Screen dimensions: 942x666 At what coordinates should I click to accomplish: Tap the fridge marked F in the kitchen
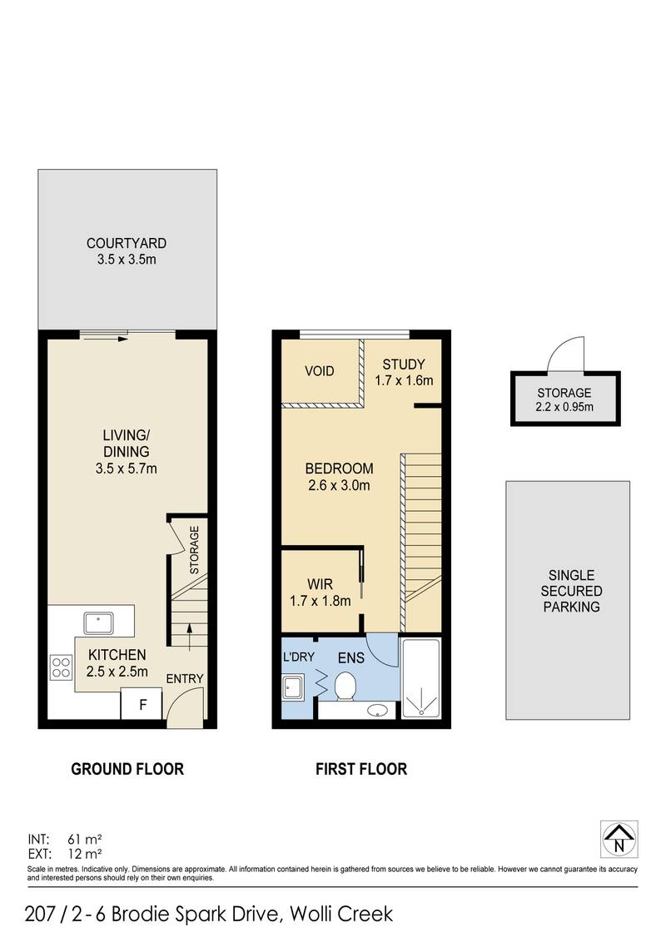[142, 705]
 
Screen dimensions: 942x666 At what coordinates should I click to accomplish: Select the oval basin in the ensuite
[379, 710]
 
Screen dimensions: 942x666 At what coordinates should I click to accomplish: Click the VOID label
[319, 371]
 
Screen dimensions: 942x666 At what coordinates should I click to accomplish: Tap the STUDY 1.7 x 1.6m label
[403, 372]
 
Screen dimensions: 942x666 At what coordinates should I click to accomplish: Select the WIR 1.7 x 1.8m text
[321, 592]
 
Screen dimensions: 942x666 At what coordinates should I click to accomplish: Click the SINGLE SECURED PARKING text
[571, 591]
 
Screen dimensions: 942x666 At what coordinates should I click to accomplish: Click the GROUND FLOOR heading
[127, 769]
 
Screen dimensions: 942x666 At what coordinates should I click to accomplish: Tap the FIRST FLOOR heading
[361, 769]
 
